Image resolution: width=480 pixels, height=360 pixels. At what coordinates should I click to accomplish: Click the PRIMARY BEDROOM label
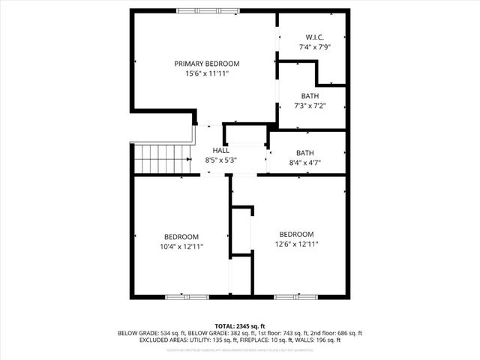click(206, 64)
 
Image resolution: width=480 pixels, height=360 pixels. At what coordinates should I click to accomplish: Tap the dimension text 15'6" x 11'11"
click(206, 74)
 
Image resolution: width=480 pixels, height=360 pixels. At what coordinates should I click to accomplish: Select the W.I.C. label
click(314, 37)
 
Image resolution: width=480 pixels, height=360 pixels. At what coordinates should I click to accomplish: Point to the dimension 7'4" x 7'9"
click(314, 47)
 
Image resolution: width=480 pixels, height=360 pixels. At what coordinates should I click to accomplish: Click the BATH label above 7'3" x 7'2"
click(310, 96)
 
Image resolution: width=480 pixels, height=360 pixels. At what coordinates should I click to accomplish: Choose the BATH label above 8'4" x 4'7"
click(304, 153)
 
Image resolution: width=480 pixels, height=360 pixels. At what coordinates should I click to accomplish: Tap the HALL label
click(220, 150)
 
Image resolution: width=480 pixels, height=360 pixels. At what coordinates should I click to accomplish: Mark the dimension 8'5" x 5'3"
click(220, 160)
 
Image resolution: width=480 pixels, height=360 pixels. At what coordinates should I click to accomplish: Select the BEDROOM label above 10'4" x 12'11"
click(181, 235)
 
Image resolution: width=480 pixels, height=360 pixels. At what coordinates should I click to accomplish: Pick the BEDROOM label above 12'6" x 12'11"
click(296, 234)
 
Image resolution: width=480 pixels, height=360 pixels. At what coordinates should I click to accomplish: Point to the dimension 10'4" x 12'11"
click(181, 246)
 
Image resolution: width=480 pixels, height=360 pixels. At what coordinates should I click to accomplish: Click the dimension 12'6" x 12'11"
click(296, 244)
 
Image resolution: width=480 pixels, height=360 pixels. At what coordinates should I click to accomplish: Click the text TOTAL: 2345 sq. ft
click(239, 326)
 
